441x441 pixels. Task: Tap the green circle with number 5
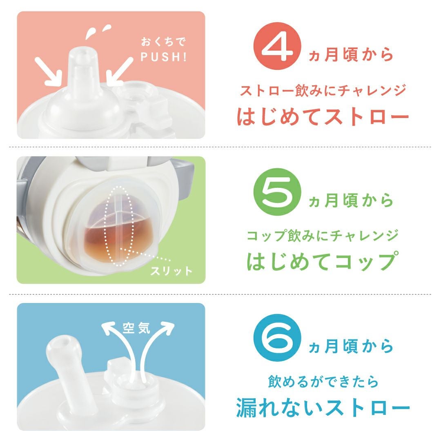point(277,192)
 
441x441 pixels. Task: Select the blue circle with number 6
point(277,338)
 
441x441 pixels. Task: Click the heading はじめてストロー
point(323,116)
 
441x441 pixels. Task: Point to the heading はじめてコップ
point(323,261)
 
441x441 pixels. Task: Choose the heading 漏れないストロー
point(323,407)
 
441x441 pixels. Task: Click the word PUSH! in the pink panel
point(163,57)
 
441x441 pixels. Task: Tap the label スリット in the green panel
point(171,271)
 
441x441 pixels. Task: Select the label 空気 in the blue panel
point(136,327)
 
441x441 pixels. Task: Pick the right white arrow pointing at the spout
point(119,71)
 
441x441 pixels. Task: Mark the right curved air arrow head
point(167,327)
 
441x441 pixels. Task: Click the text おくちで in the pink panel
point(163,42)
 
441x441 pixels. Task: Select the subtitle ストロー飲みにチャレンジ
point(323,91)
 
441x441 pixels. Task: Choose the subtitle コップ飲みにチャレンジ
point(323,236)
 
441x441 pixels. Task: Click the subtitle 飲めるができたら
point(323,381)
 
